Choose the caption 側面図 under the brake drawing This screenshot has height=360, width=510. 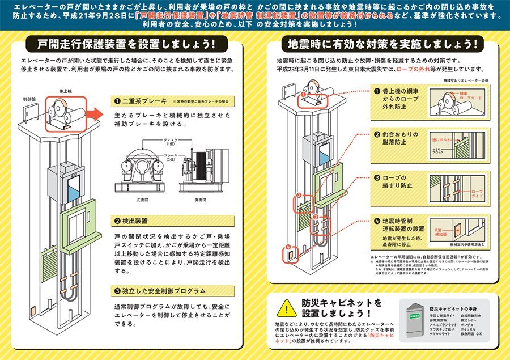195,200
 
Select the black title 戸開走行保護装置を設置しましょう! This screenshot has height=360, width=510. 124,44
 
